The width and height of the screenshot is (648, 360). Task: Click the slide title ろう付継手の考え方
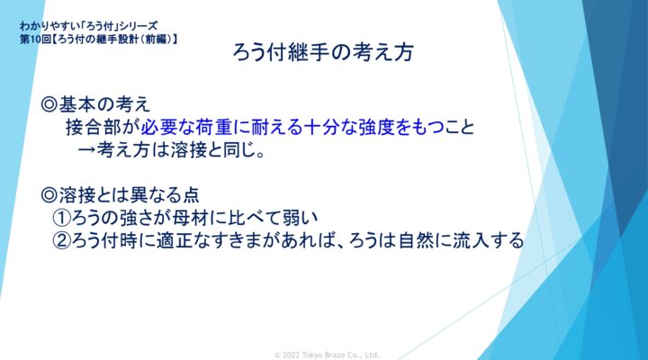click(323, 52)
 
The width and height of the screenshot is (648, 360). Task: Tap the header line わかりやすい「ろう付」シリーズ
click(89, 26)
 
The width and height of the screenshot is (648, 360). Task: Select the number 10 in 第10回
click(35, 40)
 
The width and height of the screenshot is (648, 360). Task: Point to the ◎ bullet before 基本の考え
click(49, 104)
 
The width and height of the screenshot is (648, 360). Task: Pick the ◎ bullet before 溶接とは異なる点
click(49, 195)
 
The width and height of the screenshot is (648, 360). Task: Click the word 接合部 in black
click(93, 127)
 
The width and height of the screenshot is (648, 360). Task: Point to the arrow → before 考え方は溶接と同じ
click(86, 150)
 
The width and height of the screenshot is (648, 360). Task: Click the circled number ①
click(61, 218)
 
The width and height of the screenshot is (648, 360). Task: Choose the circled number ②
click(61, 240)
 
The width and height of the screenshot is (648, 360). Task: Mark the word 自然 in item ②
click(416, 240)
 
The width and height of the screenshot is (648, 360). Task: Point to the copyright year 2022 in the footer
click(291, 355)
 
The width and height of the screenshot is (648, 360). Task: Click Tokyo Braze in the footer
click(324, 355)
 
